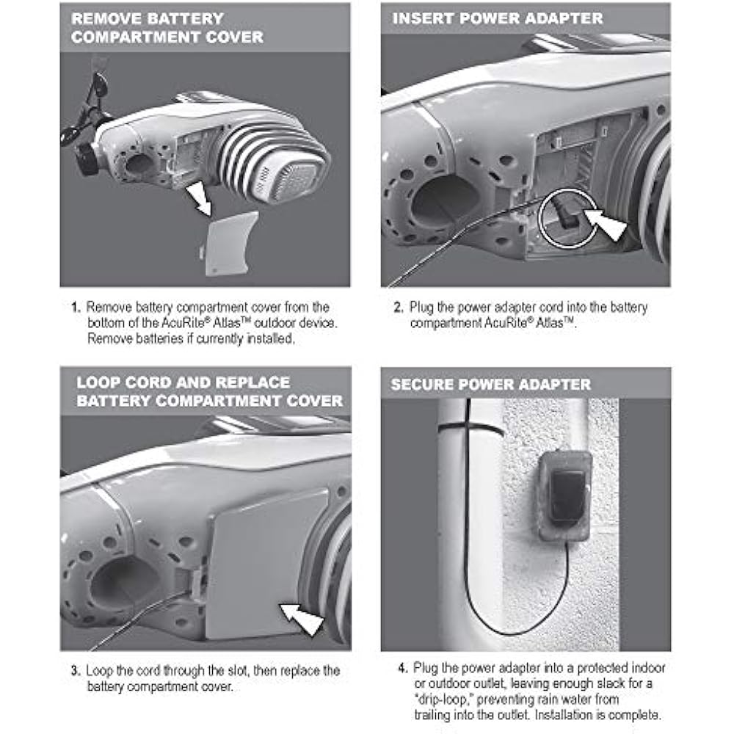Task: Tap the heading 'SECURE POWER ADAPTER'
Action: pos(491,384)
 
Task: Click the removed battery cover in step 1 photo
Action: pos(230,244)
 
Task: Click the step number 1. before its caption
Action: pos(76,307)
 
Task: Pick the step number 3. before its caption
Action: pos(76,671)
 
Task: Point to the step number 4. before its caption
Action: pos(402,668)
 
